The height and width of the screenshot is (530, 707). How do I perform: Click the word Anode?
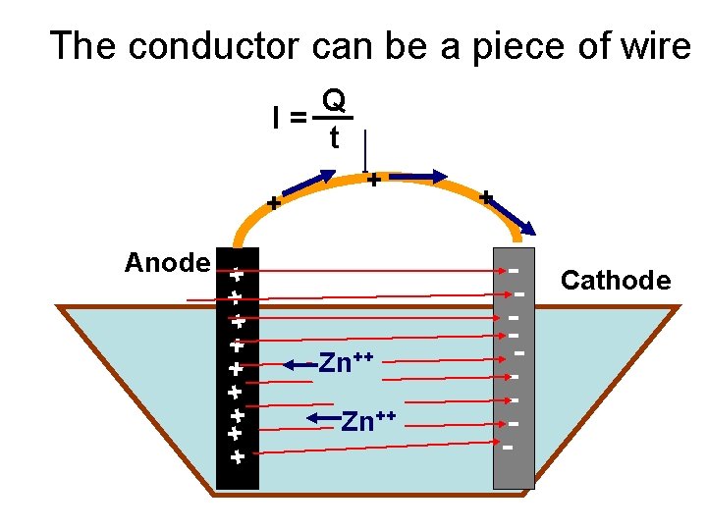point(167,263)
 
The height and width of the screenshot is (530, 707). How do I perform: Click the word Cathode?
point(615,282)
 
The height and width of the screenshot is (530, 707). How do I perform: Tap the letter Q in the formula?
point(334,100)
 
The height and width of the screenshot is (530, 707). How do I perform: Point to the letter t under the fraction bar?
point(334,139)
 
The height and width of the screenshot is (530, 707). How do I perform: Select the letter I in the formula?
point(279,119)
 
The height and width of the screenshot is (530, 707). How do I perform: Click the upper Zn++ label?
point(347,363)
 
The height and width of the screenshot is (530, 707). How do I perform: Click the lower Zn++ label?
point(368,421)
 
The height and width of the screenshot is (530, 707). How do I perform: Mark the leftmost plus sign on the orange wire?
point(274,204)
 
